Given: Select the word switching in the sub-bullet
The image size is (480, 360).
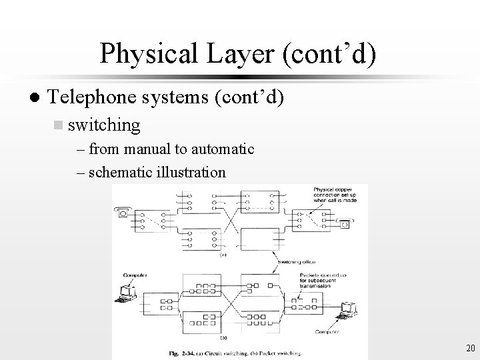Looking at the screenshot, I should click(x=104, y=125).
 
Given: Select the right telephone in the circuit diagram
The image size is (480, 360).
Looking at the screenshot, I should click(x=344, y=224).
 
